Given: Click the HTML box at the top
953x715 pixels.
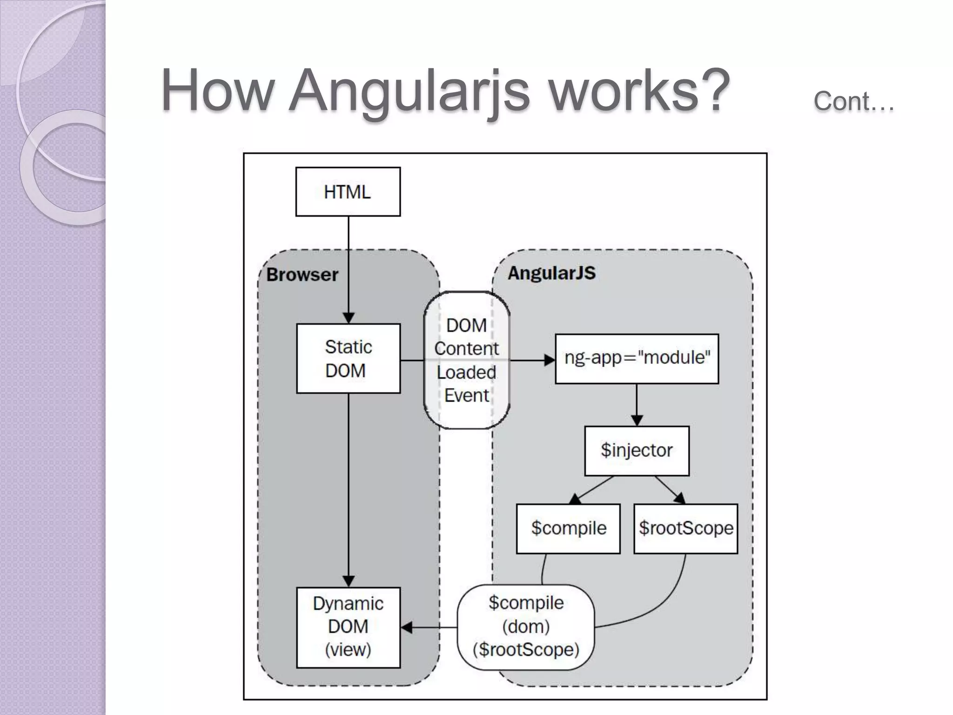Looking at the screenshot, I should pos(348,192).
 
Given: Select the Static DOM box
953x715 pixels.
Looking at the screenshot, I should pos(348,358).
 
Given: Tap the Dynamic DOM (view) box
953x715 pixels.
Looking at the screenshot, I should pos(348,627).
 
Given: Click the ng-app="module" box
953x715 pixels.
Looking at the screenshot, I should pos(637,358).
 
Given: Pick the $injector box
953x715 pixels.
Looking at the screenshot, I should pos(637,451).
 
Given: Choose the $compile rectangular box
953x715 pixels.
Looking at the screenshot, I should pos(568,528).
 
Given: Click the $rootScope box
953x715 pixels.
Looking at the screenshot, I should pos(685,528).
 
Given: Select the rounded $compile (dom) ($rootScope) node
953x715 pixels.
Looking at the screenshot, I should pos(526,627).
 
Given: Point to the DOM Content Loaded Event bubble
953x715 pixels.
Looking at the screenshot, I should pos(467,360).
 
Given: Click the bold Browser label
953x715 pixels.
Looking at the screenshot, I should pos(302,275).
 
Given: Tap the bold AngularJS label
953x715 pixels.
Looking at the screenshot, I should pos(551,273).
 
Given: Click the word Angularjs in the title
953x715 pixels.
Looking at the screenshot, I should pos(409,91).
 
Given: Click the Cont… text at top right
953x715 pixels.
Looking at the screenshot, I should pos(853,101).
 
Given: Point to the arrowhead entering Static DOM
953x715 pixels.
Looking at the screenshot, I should pos(349,318).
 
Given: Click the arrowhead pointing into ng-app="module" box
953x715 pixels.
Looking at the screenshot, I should pos(550,360).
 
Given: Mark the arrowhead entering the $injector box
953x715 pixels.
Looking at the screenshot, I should pos(637,420).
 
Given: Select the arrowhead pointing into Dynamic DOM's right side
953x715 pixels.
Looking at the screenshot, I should pos(407,627).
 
